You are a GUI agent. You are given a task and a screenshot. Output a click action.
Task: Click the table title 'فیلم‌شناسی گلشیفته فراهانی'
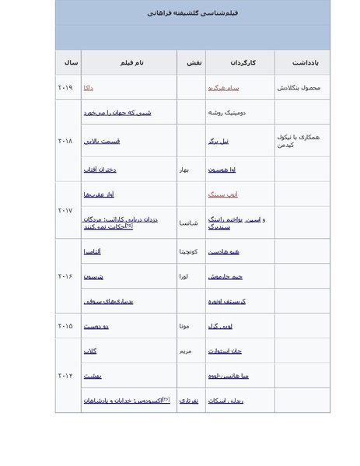pyautogui.click(x=192, y=13)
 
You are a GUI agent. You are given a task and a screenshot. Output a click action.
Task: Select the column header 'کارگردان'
pyautogui.click(x=242, y=62)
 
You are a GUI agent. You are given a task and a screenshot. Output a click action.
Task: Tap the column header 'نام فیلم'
pyautogui.click(x=131, y=62)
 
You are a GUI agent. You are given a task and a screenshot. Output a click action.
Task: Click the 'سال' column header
pyautogui.click(x=70, y=62)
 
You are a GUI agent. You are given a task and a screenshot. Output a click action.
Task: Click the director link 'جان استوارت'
pyautogui.click(x=225, y=351)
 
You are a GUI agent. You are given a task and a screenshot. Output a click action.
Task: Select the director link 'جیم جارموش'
pyautogui.click(x=225, y=276)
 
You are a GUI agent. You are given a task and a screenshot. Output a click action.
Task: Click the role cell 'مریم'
pyautogui.click(x=185, y=351)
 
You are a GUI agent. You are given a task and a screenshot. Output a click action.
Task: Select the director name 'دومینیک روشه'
pyautogui.click(x=226, y=113)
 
